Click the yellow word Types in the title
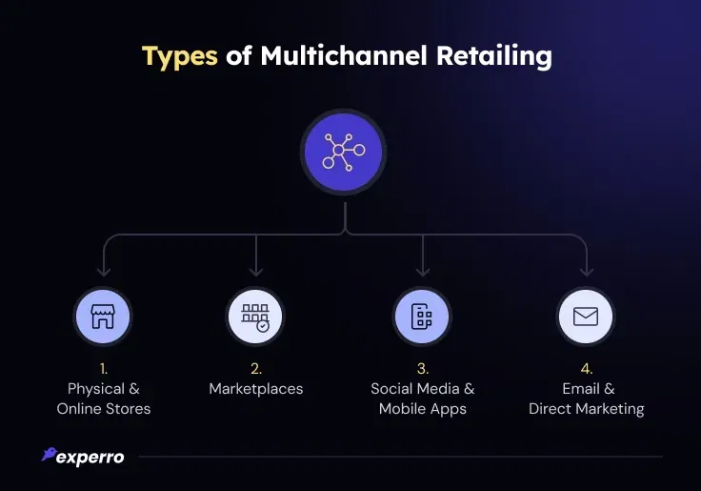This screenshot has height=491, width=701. pos(180,55)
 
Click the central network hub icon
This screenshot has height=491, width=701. pos(343,152)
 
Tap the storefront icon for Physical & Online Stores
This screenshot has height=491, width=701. pos(103,317)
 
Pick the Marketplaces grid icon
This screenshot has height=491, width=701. pos(255,317)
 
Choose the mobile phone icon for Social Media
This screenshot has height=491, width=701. pos(422,317)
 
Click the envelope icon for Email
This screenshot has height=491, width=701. pos(586,317)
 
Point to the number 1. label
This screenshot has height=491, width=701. pos(103,368)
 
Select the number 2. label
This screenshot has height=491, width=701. pos(255,368)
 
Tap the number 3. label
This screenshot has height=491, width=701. pos(422,368)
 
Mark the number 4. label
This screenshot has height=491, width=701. pos(586,368)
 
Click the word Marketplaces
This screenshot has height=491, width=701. pos(255,388)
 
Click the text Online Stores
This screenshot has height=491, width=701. pos(103,409)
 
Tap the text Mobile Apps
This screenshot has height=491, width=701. pos(422,409)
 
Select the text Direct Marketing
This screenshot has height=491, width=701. pos(586,409)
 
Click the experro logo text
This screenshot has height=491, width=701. pos(90,457)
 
